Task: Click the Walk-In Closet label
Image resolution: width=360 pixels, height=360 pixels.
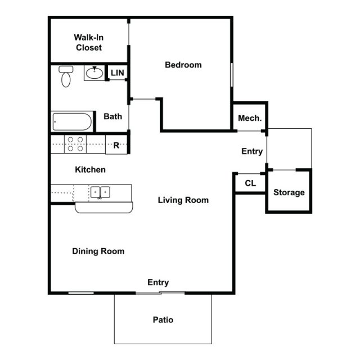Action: (89, 43)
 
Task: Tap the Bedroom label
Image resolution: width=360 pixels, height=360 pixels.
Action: (183, 65)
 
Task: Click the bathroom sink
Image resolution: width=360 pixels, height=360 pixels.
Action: (95, 73)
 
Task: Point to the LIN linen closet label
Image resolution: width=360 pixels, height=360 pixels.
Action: (117, 73)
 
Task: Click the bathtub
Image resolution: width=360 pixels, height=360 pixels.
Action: (73, 121)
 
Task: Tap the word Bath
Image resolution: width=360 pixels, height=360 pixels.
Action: (113, 116)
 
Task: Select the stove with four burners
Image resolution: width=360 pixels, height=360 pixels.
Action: (76, 145)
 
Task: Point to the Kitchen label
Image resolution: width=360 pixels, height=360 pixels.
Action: (90, 169)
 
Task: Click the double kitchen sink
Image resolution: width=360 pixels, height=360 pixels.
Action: (101, 192)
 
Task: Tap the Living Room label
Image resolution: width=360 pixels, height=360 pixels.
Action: (183, 200)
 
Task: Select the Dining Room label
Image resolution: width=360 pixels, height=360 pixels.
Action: (98, 251)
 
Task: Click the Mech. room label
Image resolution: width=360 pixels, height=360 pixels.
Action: (250, 118)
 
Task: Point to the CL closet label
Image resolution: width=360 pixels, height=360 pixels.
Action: (250, 183)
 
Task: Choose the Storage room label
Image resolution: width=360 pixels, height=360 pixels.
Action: (289, 192)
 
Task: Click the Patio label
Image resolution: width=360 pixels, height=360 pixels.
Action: (163, 320)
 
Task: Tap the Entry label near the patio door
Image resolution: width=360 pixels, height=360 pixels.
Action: (158, 282)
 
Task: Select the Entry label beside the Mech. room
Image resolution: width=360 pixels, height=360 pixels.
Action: (251, 151)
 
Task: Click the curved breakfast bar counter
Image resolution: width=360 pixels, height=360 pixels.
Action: (105, 208)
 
